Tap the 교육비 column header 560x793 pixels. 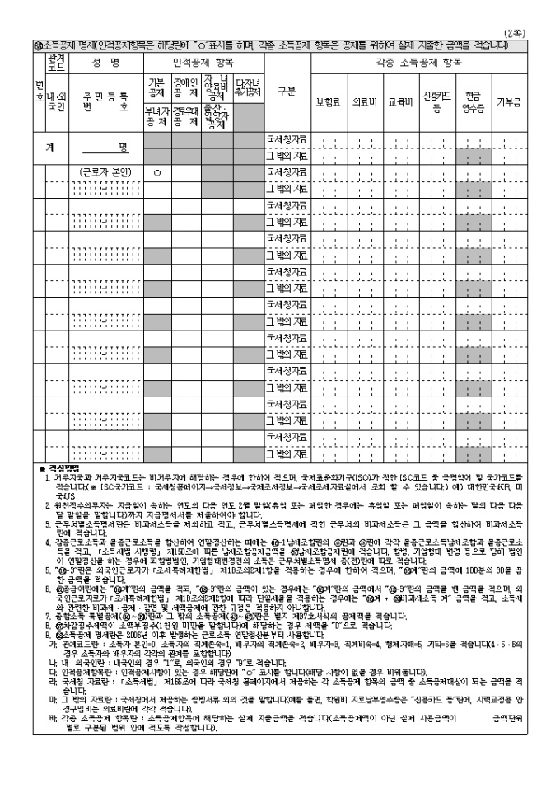click(x=399, y=102)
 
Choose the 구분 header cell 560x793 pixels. click(x=282, y=90)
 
